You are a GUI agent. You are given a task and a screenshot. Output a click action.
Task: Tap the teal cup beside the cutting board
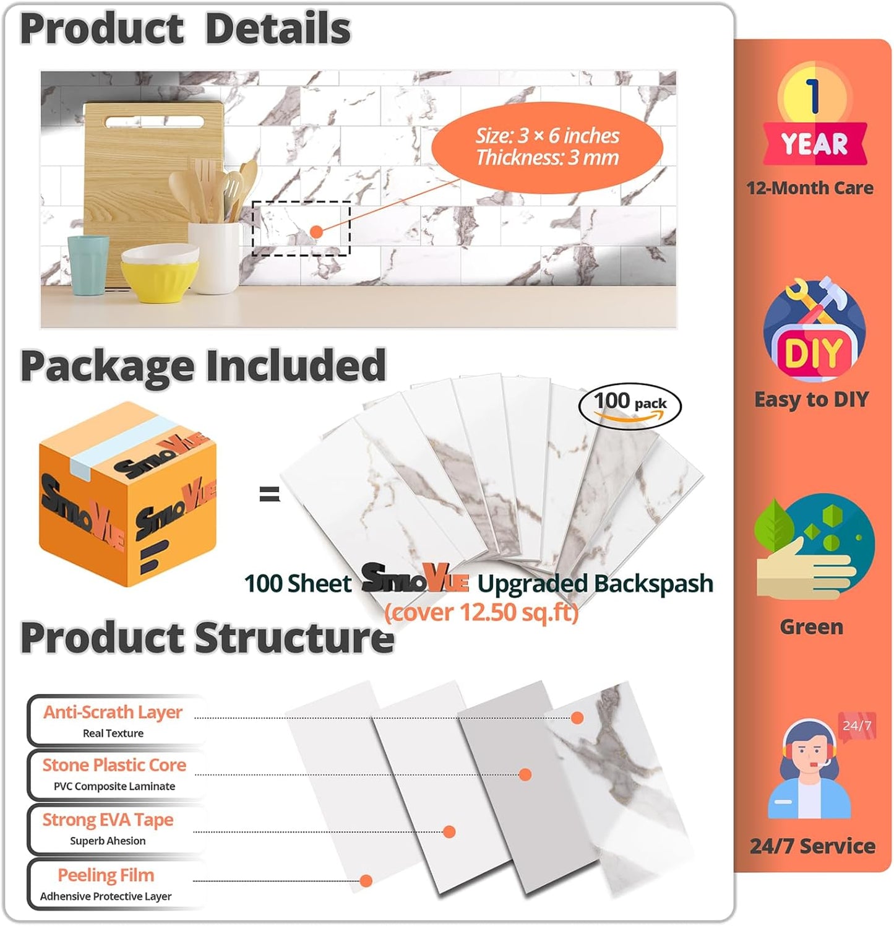pyautogui.click(x=88, y=266)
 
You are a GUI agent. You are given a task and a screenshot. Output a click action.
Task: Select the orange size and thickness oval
pyautogui.click(x=547, y=147)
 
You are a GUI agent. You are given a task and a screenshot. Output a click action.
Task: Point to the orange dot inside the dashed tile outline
pyautogui.click(x=316, y=231)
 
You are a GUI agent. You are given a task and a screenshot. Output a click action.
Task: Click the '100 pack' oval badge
pyautogui.click(x=630, y=406)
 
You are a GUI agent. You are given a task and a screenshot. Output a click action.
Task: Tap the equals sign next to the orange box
pyautogui.click(x=269, y=493)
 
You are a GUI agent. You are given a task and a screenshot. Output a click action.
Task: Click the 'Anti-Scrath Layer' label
pyautogui.click(x=113, y=712)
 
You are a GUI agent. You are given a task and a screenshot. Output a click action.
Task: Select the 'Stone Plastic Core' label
pyautogui.click(x=114, y=765)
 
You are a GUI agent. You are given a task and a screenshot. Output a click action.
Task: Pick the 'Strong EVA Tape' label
pyautogui.click(x=108, y=820)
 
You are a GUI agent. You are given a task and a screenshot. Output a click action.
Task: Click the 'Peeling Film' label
pyautogui.click(x=106, y=875)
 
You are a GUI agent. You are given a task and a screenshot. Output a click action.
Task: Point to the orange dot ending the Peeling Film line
pyautogui.click(x=366, y=880)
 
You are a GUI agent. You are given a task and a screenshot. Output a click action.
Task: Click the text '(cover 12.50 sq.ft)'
pyautogui.click(x=481, y=612)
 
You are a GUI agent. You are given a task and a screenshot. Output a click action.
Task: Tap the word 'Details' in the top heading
pyautogui.click(x=278, y=28)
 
